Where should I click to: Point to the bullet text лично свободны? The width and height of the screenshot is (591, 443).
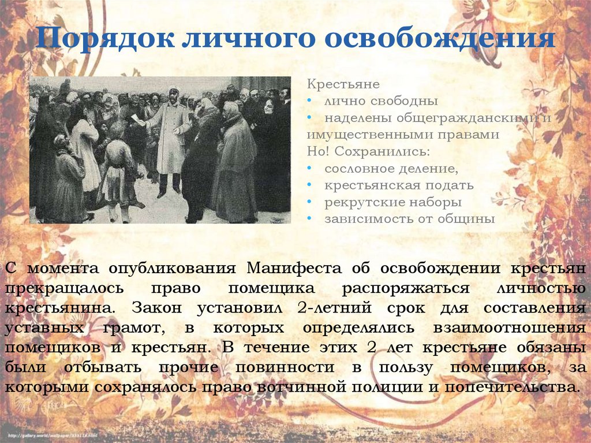pyautogui.click(x=380, y=101)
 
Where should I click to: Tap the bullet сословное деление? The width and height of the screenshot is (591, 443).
pyautogui.click(x=391, y=169)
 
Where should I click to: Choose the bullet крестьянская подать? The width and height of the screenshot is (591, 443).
pyautogui.click(x=399, y=185)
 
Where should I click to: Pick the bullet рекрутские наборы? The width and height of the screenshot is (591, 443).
pyautogui.click(x=392, y=203)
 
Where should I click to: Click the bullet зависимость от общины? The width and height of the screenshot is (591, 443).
pyautogui.click(x=410, y=219)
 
